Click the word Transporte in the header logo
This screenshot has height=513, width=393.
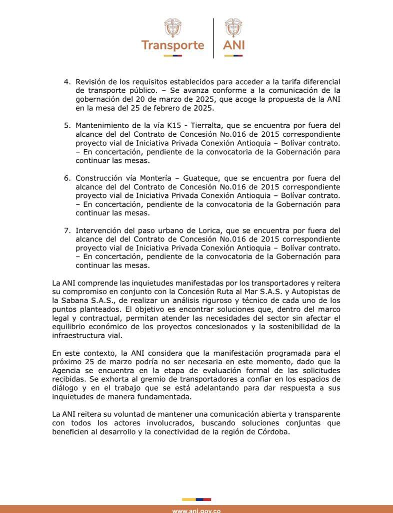point(172,45)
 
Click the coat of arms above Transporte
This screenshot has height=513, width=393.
point(172,28)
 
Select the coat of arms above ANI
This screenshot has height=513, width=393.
point(233,28)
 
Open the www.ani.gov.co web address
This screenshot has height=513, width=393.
point(196,509)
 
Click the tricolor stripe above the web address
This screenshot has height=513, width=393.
point(196,499)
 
